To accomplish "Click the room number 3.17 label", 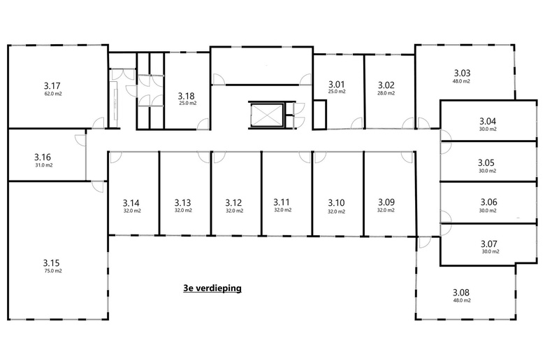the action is [52, 85].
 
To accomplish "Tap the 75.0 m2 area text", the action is [53, 271].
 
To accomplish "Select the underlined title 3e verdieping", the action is [212, 288].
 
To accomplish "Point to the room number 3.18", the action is [186, 96].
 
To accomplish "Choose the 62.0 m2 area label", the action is [53, 94].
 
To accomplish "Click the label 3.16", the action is [43, 157].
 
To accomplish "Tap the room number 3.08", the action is [461, 293].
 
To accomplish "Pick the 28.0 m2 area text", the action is [386, 93].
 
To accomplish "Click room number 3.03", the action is [463, 73].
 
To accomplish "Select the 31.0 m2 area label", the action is [44, 165].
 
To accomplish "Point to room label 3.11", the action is [282, 202].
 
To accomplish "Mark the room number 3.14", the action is [131, 203].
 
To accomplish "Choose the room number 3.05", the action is [486, 162].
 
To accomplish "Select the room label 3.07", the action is [488, 244].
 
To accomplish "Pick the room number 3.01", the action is [337, 84].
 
